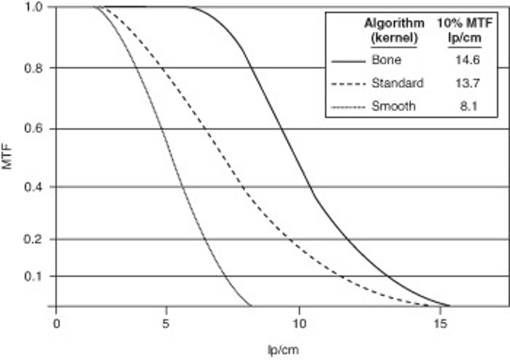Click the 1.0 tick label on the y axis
[34, 7]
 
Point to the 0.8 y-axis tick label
[34, 68]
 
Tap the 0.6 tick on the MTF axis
[34, 128]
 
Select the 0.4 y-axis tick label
[34, 187]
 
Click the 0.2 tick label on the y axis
[34, 240]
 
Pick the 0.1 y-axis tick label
[34, 276]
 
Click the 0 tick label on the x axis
[56, 324]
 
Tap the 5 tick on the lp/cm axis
[165, 324]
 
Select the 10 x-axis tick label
[299, 324]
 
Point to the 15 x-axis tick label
[440, 324]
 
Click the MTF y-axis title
[7, 156]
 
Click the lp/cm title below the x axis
[283, 350]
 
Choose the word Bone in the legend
[386, 60]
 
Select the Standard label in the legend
[397, 83]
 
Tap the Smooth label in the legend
[393, 106]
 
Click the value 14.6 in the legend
[467, 60]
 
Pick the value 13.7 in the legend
[467, 83]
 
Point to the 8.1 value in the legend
[469, 106]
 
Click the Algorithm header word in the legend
[394, 24]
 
